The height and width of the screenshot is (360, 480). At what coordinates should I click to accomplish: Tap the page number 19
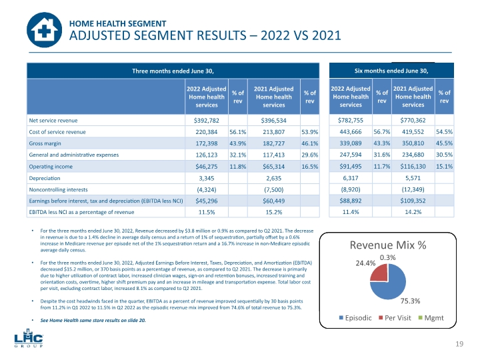point(459,343)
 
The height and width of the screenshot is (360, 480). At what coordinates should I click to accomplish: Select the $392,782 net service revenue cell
point(206,121)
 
